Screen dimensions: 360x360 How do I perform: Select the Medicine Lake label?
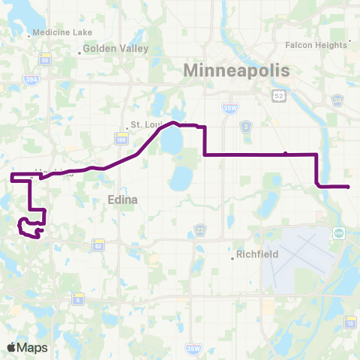[x=58, y=32]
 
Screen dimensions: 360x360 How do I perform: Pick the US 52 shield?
[x=279, y=95]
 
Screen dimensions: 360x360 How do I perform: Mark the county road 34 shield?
[x=337, y=100]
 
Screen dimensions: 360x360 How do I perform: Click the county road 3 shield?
[x=245, y=127]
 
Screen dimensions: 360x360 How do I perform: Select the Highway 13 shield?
[x=350, y=301]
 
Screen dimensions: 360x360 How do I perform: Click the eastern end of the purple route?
[x=349, y=186]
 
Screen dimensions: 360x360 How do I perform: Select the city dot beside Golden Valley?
[x=79, y=52]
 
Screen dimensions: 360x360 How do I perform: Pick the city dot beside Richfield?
[x=232, y=259]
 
